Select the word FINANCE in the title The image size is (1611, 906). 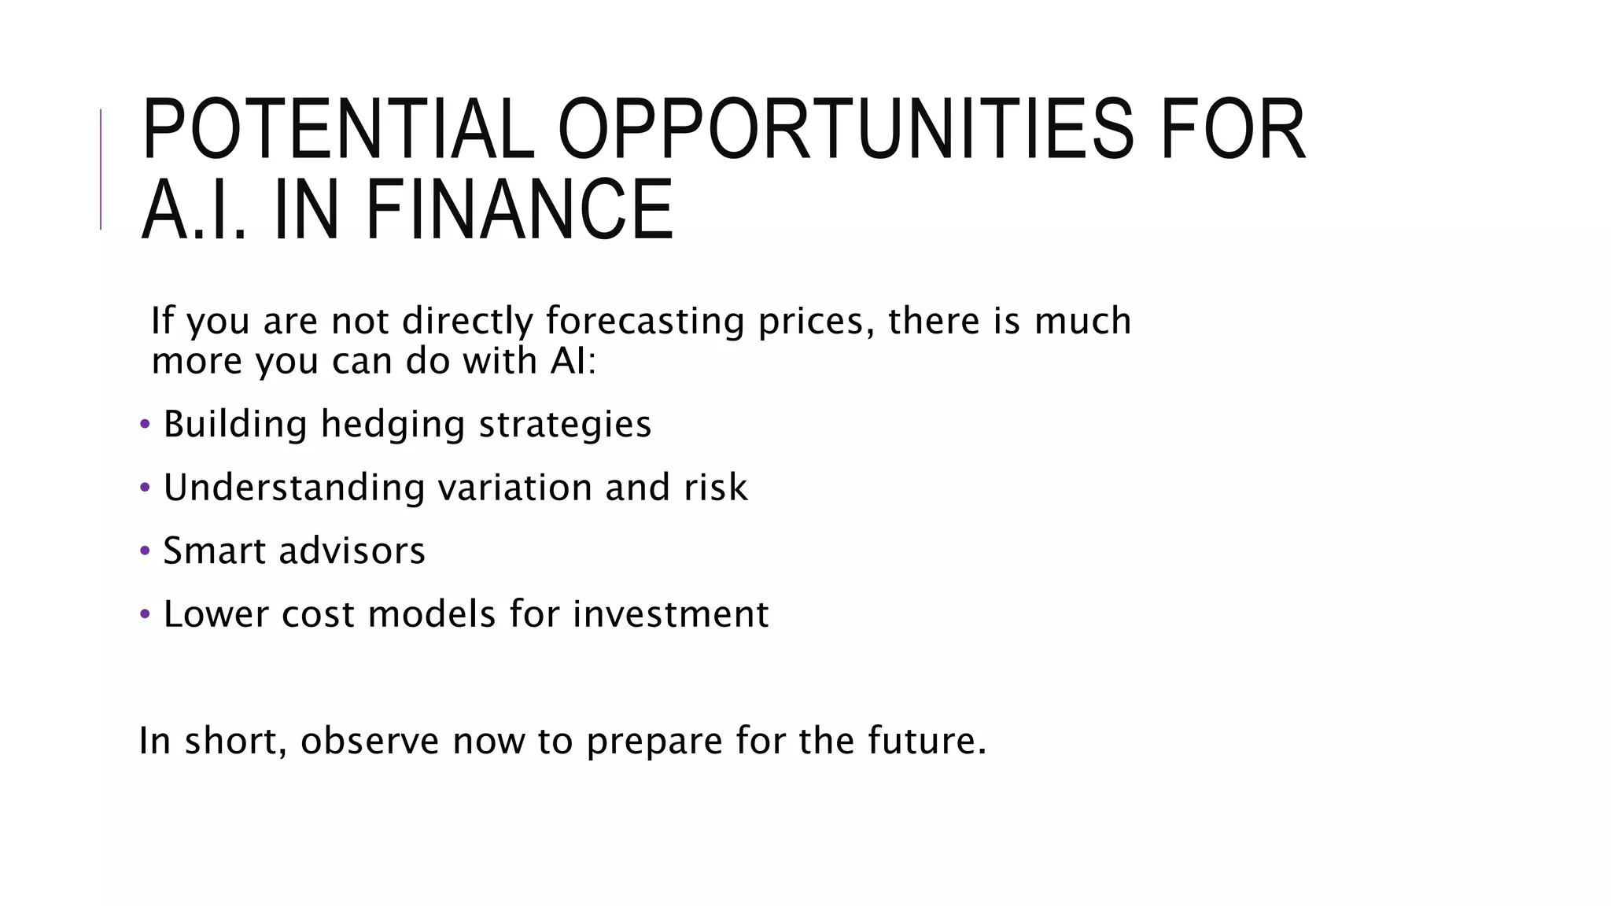(x=519, y=210)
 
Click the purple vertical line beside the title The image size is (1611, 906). (x=101, y=169)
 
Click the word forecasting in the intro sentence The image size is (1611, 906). (x=644, y=321)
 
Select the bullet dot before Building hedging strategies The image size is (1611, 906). (x=144, y=425)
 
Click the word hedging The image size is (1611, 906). (x=393, y=425)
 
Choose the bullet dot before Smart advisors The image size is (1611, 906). (x=144, y=551)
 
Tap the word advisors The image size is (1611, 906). (x=352, y=551)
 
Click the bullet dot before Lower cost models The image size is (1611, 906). (x=144, y=614)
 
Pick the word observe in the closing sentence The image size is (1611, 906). (x=369, y=741)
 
